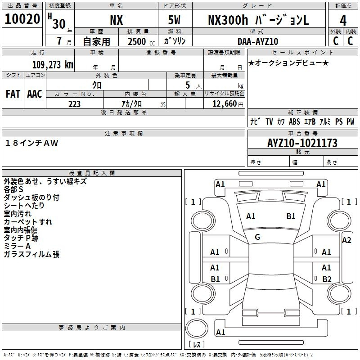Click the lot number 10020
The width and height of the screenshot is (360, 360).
[x=22, y=19]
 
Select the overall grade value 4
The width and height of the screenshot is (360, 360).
[x=343, y=21]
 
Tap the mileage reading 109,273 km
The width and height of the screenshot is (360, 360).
[x=53, y=65]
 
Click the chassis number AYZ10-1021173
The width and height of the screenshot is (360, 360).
[x=302, y=143]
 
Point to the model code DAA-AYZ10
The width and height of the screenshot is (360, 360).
[x=258, y=41]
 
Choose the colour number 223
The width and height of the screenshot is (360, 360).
[x=74, y=104]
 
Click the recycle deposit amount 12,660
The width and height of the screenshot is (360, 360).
[x=225, y=104]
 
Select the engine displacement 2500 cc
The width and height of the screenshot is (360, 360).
[x=141, y=41]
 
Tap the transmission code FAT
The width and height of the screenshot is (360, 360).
[x=13, y=94]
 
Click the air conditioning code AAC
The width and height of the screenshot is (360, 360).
[x=35, y=94]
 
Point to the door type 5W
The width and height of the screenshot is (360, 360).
[x=174, y=20]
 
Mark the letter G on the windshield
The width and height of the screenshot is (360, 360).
[x=257, y=237]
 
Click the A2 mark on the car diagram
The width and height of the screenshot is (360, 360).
[x=346, y=240]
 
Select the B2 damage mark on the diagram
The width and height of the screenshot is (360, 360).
[x=327, y=279]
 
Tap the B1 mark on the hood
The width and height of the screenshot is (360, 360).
[x=291, y=216]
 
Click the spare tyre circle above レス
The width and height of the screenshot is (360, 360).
[x=197, y=328]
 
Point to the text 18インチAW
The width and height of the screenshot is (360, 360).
[x=31, y=143]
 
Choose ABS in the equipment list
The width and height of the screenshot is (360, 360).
[x=294, y=121]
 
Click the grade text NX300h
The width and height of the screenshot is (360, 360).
[x=228, y=20]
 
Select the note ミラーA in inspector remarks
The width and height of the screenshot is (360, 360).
[x=17, y=246]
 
